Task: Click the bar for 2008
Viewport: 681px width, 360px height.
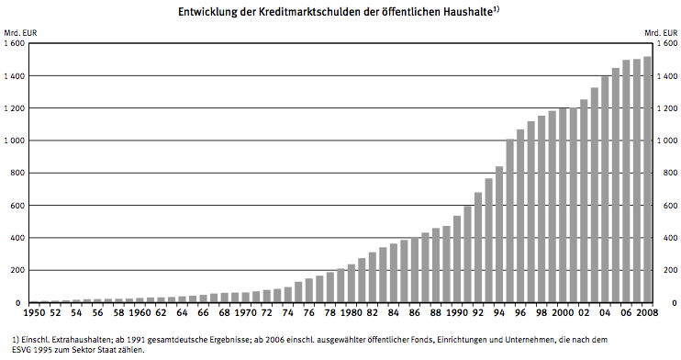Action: pyautogui.click(x=647, y=180)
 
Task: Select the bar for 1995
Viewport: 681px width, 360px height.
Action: pyautogui.click(x=510, y=221)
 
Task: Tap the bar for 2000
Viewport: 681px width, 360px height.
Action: pyautogui.click(x=563, y=205)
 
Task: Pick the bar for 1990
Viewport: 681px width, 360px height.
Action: pyautogui.click(x=457, y=259)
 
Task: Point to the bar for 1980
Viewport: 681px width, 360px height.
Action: pyautogui.click(x=352, y=284)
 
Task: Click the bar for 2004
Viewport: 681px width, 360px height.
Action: pyautogui.click(x=605, y=189)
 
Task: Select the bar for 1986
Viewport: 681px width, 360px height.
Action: pyautogui.click(x=415, y=270)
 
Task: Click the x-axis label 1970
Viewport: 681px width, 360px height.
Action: pyautogui.click(x=245, y=312)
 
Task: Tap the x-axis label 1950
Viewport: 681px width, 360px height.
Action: pyautogui.click(x=33, y=312)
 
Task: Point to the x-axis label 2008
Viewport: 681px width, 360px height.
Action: pyautogui.click(x=647, y=312)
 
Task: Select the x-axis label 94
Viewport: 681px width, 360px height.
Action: pyautogui.click(x=499, y=312)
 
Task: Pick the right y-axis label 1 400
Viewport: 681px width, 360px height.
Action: pyautogui.click(x=667, y=76)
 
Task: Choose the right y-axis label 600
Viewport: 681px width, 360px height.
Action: pyautogui.click(x=664, y=206)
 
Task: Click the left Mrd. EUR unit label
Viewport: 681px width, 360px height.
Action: pyautogui.click(x=20, y=33)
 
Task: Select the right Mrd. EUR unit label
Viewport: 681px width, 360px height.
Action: pyautogui.click(x=661, y=33)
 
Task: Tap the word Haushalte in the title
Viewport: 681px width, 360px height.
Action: pyautogui.click(x=468, y=12)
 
